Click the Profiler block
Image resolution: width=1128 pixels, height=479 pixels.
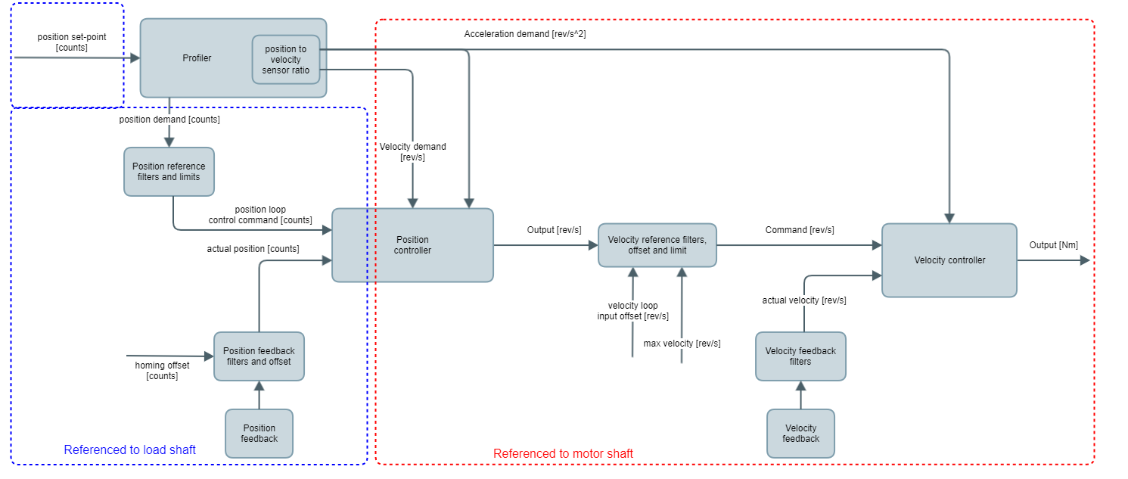point(197,58)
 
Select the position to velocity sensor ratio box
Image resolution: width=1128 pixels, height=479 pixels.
point(286,60)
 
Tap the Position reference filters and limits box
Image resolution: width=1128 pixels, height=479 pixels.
point(169,172)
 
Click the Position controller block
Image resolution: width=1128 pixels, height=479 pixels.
point(412,245)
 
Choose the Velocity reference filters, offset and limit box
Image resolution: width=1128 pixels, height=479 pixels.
point(657,245)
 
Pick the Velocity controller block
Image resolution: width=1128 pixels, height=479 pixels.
point(949,260)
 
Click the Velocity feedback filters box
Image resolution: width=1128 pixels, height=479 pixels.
point(800,356)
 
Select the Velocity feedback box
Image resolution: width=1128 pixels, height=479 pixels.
point(800,434)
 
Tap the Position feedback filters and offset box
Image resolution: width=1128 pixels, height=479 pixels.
point(259,356)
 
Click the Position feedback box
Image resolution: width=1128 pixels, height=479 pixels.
point(259,434)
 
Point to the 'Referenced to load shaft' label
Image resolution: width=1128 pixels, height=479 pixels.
point(129,450)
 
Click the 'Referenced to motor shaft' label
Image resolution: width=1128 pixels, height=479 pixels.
point(563,454)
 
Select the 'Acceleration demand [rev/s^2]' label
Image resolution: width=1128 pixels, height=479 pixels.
point(525,34)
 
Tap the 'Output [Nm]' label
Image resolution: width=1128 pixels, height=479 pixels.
point(1053,244)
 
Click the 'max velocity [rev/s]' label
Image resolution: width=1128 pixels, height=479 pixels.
point(682,344)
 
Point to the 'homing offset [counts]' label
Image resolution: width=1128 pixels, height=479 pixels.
point(162,371)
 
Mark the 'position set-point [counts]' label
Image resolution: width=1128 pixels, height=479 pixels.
point(73,42)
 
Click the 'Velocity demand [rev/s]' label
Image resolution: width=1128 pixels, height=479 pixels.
point(412,152)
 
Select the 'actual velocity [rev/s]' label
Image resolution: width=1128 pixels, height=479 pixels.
point(803,300)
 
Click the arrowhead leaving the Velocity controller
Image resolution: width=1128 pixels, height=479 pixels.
point(1085,260)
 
